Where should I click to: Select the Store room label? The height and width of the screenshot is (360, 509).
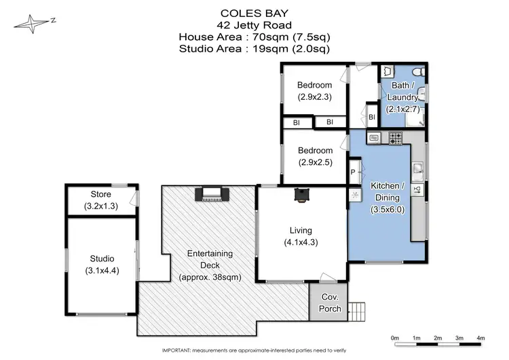[x=100, y=195]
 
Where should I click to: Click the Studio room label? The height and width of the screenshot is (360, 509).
[x=101, y=259]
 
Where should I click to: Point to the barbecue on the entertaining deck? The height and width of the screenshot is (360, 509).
[x=208, y=195]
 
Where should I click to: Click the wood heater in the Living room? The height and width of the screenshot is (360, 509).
[x=300, y=195]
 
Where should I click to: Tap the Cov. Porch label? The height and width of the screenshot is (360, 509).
[x=328, y=302]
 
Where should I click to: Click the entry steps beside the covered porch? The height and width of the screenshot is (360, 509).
[x=356, y=310]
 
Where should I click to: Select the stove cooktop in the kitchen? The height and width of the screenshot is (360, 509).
[x=396, y=139]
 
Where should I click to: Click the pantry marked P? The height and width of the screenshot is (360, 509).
[x=353, y=172]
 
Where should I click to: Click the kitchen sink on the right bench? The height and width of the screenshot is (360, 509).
[x=419, y=167]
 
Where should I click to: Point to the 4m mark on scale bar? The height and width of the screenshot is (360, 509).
[x=480, y=338]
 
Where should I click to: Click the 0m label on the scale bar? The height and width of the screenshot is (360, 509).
[x=395, y=338]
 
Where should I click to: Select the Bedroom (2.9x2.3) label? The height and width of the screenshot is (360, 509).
[x=314, y=91]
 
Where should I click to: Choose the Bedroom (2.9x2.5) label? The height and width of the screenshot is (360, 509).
[x=314, y=156]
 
